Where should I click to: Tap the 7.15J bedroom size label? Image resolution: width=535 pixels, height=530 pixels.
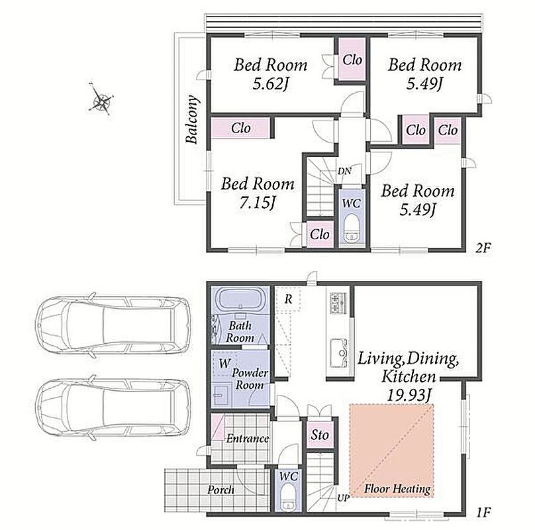click(257, 203)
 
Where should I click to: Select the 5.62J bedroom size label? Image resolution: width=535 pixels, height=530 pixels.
click(271, 83)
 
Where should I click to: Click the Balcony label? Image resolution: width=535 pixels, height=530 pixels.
click(192, 119)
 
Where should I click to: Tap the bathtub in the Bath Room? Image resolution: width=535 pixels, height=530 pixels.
click(240, 299)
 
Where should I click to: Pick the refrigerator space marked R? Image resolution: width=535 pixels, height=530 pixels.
click(288, 299)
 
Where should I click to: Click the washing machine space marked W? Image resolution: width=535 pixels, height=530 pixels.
click(224, 363)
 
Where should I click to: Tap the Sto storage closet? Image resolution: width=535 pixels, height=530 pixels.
click(320, 435)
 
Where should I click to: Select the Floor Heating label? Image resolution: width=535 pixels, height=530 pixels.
click(397, 489)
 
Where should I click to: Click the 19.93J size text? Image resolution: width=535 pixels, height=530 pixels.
click(408, 396)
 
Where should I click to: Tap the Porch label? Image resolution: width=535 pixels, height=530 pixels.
click(221, 490)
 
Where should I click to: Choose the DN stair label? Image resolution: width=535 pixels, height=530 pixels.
click(344, 171)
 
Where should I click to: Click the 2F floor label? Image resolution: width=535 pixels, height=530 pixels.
click(483, 248)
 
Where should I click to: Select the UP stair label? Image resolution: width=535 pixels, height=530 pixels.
click(343, 498)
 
